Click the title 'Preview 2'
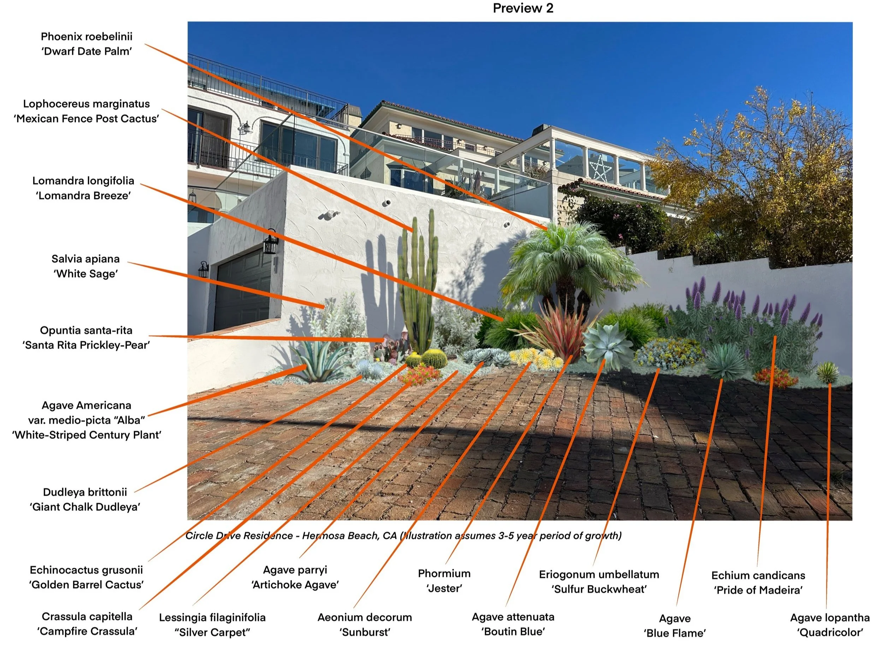point(523,8)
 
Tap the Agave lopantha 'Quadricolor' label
point(830,625)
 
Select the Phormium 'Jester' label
point(444,580)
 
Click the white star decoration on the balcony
point(600,168)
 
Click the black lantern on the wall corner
point(271,242)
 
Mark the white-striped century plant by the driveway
point(318,361)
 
